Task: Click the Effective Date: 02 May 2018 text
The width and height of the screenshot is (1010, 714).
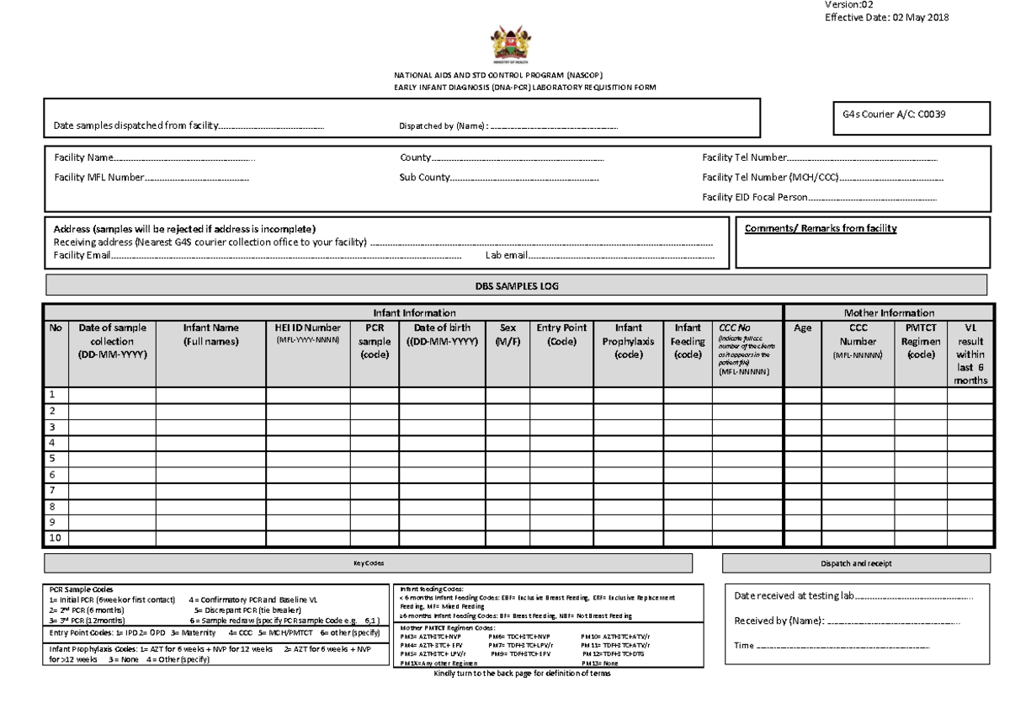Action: [x=885, y=19]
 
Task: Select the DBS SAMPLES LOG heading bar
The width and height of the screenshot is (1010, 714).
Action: [x=515, y=285]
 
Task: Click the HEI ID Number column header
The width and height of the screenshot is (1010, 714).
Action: [x=308, y=333]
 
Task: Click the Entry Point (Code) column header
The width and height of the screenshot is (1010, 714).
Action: [x=561, y=333]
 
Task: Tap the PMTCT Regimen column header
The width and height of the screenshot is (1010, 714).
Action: [x=920, y=341]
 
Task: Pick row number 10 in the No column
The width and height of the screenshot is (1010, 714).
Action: [x=55, y=537]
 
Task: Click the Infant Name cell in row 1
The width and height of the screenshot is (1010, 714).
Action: [x=210, y=394]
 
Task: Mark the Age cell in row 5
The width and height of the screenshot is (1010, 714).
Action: [x=802, y=458]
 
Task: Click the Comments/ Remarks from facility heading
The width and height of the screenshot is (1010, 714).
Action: [x=821, y=229]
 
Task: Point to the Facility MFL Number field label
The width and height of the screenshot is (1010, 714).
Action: [x=98, y=178]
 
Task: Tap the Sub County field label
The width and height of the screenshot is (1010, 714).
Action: [x=424, y=178]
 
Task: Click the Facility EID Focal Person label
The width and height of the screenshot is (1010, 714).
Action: [x=754, y=197]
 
